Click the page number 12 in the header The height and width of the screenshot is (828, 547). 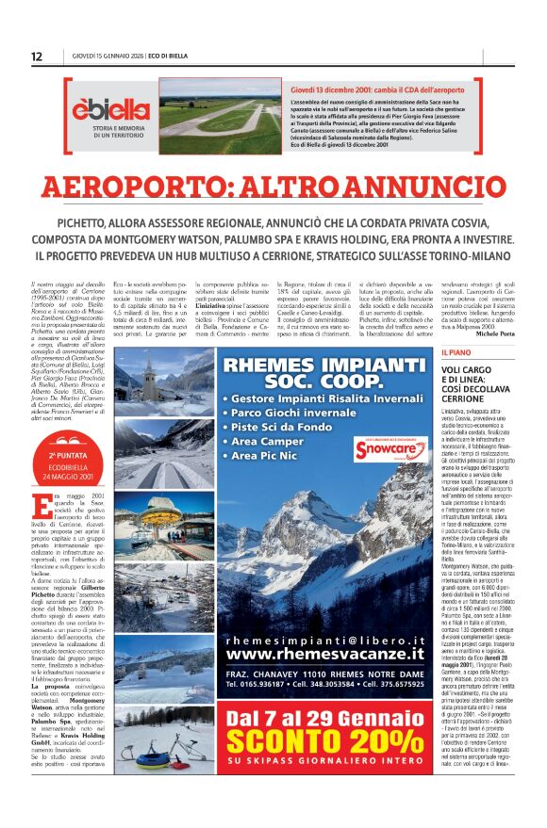36,57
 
